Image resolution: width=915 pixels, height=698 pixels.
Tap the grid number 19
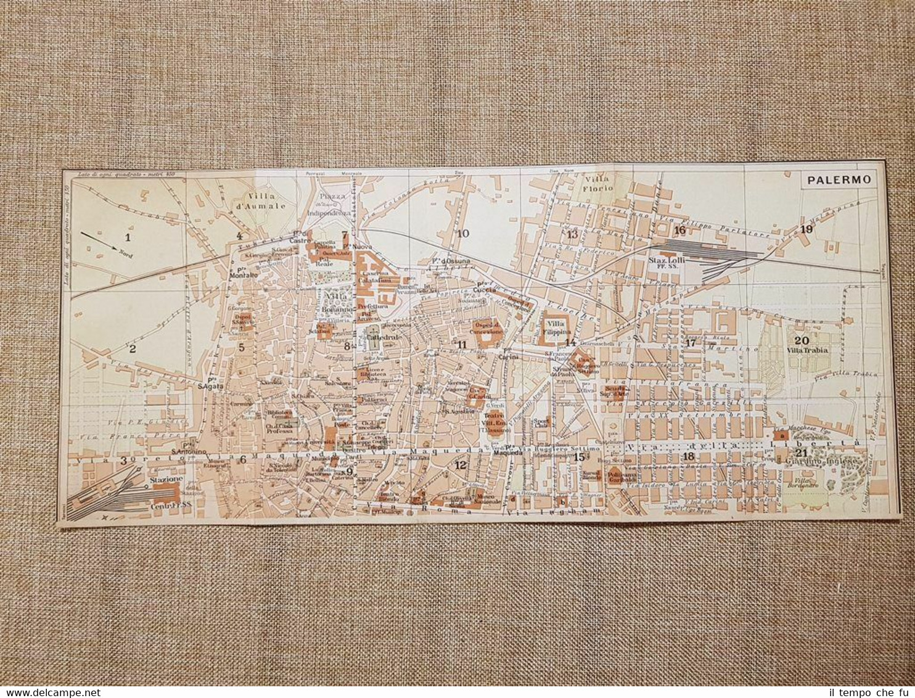point(806,229)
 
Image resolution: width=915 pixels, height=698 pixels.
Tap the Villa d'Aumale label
point(263,202)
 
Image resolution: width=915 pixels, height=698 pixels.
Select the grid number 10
point(462,233)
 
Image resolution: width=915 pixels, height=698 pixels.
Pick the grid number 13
point(572,234)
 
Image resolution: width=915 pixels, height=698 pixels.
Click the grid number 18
point(689,456)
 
